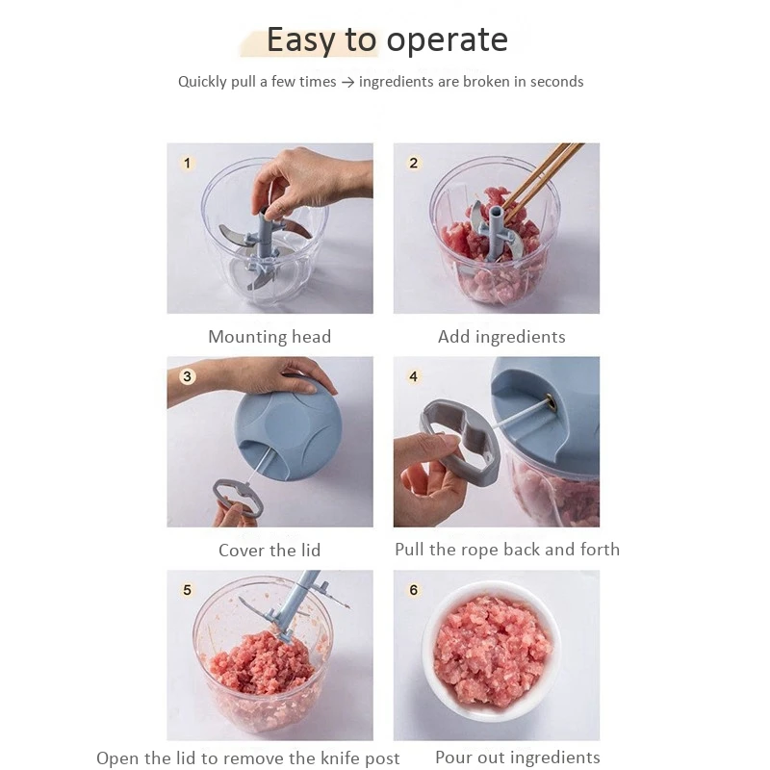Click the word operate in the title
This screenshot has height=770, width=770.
point(447,40)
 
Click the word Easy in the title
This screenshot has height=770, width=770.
point(302,40)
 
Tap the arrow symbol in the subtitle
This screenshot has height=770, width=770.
point(347,82)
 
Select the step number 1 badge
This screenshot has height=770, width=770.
point(188,164)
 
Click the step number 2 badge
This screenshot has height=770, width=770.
point(414,164)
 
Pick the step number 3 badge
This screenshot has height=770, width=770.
point(188,376)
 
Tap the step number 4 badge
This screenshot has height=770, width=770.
point(414,376)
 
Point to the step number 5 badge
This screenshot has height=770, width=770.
point(188,590)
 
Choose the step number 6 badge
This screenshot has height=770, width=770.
point(414,590)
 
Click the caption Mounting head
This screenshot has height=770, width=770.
point(269,337)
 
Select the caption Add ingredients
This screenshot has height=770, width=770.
point(501,337)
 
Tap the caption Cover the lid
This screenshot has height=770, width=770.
point(269,551)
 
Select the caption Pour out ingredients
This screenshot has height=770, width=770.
point(518,758)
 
